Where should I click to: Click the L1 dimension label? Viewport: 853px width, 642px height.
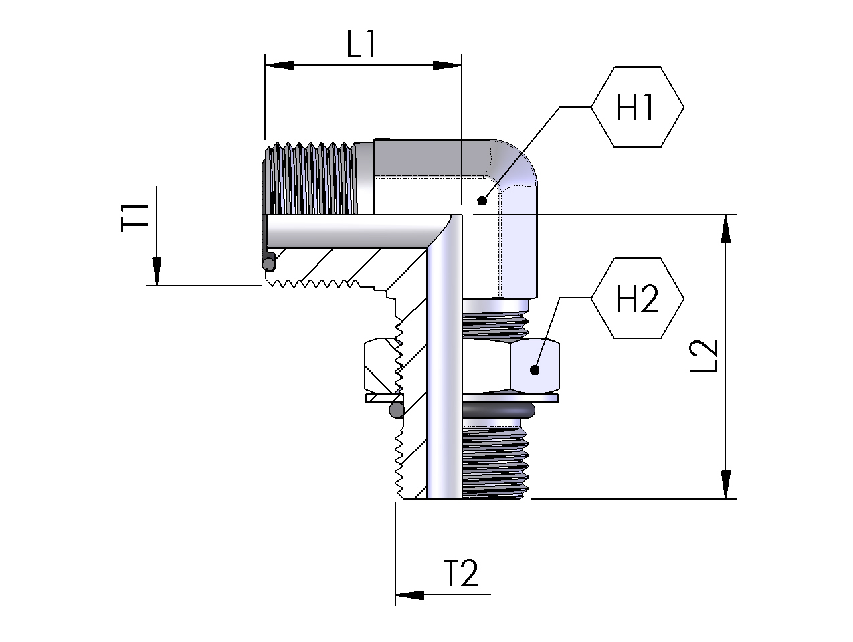point(362,45)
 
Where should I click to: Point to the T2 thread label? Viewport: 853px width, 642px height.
point(461,574)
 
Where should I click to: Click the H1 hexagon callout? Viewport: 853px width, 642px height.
point(637,107)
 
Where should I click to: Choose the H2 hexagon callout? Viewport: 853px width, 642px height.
point(637,298)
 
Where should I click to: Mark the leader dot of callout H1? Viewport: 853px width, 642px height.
point(481,201)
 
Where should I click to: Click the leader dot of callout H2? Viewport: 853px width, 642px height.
point(535,369)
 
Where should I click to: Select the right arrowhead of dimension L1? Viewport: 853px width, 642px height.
point(447,65)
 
